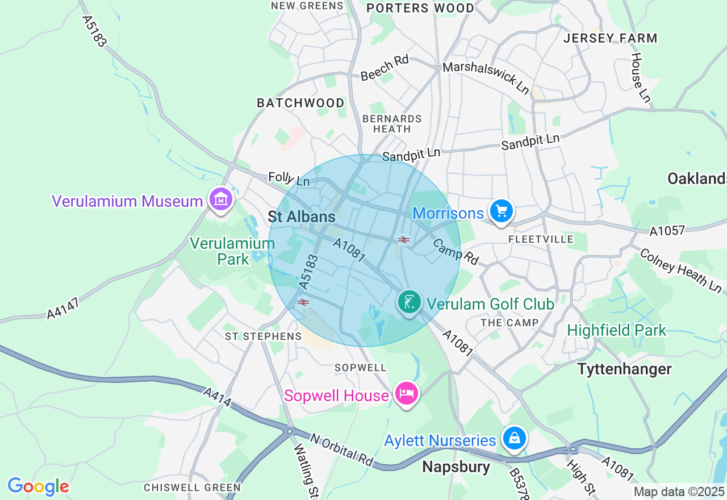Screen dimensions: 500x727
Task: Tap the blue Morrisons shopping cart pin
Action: click(x=500, y=211)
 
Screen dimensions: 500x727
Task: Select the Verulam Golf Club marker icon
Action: click(x=409, y=302)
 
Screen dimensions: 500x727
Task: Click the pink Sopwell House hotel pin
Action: click(x=407, y=393)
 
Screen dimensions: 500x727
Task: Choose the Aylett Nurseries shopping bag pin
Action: click(x=514, y=439)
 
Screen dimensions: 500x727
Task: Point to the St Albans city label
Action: click(x=302, y=216)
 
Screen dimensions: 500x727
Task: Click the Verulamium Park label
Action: click(x=232, y=251)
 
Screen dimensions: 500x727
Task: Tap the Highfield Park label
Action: click(x=616, y=330)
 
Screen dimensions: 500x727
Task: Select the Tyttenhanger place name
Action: click(x=624, y=369)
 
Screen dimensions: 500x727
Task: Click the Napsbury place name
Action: click(x=456, y=467)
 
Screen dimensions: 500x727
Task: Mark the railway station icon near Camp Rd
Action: click(x=404, y=240)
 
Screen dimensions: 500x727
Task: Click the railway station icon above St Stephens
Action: click(x=303, y=302)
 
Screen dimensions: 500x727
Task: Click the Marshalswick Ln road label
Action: click(x=486, y=76)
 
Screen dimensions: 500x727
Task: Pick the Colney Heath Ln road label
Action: click(x=680, y=270)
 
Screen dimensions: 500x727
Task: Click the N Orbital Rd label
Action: click(x=341, y=450)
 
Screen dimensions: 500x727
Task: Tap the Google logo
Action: click(x=38, y=486)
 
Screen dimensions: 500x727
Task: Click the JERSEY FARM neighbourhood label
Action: click(x=610, y=39)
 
